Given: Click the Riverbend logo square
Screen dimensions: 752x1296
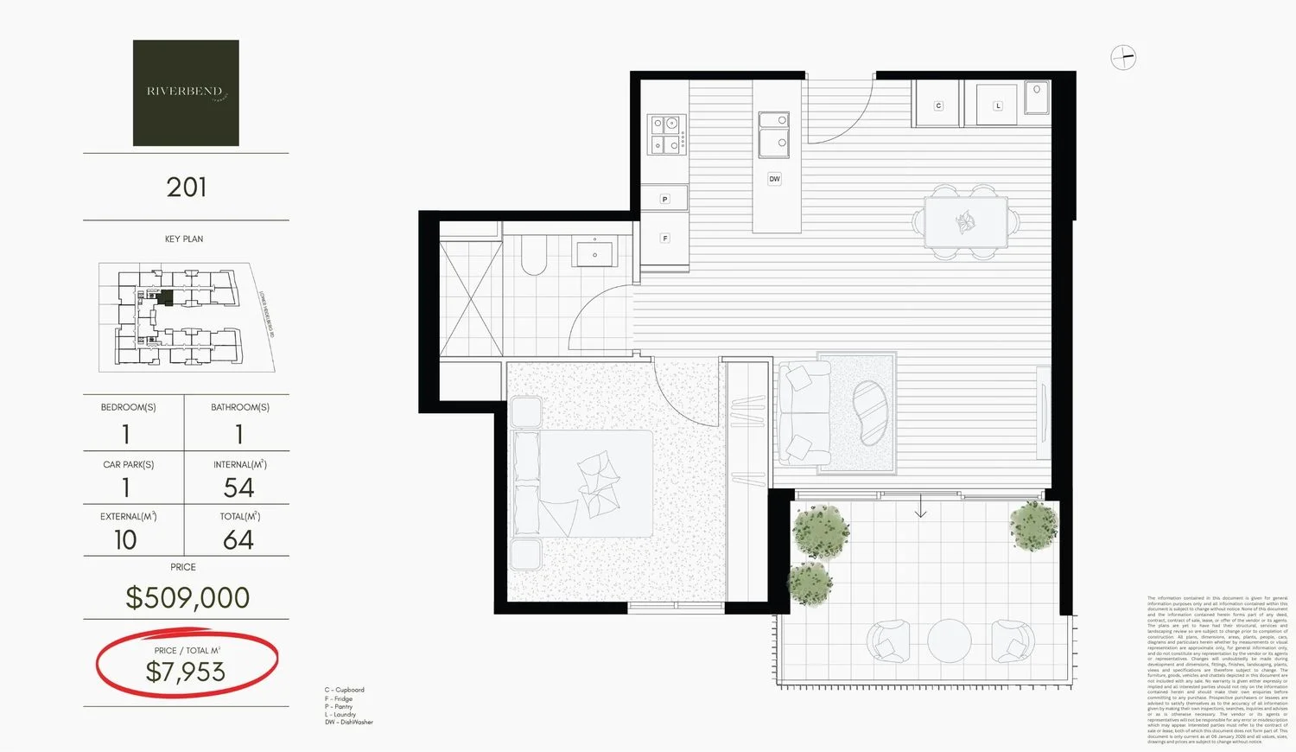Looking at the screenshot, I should (x=186, y=92).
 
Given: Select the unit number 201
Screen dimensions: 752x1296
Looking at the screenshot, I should (x=186, y=188).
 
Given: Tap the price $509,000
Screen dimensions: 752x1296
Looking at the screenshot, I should (x=187, y=597).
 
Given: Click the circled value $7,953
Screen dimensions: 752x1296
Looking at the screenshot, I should (x=186, y=672).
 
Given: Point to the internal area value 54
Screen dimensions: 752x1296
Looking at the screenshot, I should (x=238, y=488).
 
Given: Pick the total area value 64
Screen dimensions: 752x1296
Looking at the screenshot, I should (x=238, y=540).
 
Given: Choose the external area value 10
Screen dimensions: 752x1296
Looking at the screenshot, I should (x=126, y=540).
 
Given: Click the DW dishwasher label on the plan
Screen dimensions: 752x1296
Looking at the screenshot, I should (x=774, y=179).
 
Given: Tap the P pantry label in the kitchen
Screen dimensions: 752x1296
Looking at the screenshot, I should (x=664, y=199).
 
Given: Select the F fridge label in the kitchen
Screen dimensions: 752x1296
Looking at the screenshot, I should (x=664, y=238).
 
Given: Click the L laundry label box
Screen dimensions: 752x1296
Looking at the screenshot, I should (x=997, y=105).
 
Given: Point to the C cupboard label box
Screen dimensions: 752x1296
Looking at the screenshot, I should (x=938, y=105).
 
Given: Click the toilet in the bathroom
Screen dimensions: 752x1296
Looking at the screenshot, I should (x=534, y=256).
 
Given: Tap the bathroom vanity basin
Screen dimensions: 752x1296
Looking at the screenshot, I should (x=595, y=253).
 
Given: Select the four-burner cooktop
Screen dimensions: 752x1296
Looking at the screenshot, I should (x=666, y=135).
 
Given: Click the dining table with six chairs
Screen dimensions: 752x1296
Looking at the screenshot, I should (x=965, y=222).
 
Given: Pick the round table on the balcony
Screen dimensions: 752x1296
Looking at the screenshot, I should (x=950, y=640).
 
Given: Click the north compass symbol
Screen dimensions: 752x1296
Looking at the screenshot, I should (x=1123, y=58).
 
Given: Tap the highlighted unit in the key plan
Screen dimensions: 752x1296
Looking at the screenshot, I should (x=165, y=297).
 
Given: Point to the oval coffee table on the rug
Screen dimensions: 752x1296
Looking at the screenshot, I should (x=869, y=413).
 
